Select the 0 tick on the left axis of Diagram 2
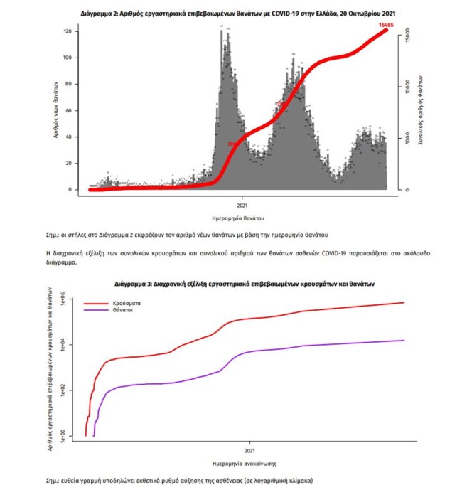click(x=69, y=190)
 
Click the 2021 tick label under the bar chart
click(x=242, y=201)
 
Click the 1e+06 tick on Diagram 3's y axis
click(x=63, y=299)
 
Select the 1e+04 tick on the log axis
click(x=63, y=344)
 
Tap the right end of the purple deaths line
click(x=404, y=340)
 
